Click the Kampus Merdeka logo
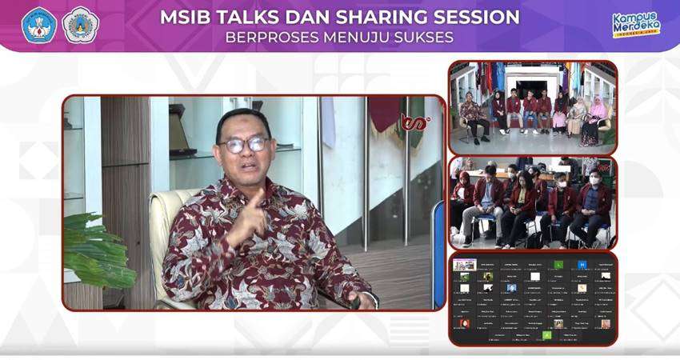coord(636,24)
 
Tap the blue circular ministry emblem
coord(39,24)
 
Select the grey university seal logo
coord(80,24)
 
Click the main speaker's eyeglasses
coord(244,145)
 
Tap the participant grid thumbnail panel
coord(532,298)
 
